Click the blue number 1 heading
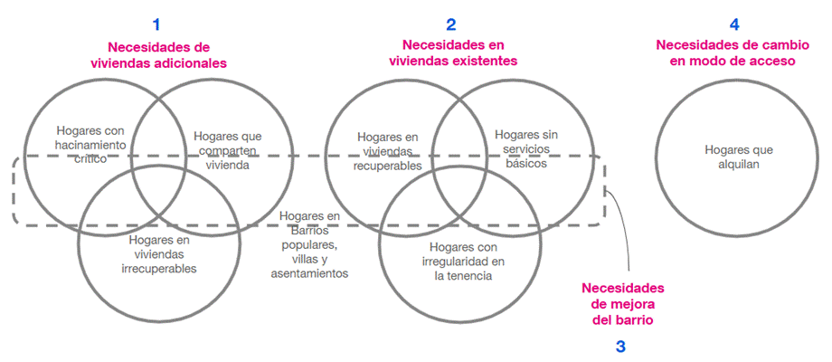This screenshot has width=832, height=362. click(x=157, y=24)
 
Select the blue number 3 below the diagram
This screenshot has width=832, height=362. click(x=620, y=346)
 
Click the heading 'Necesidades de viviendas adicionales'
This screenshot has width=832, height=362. click(x=157, y=54)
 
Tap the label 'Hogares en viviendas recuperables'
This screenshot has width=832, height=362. click(x=388, y=151)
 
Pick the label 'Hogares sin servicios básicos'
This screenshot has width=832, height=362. click(x=518, y=149)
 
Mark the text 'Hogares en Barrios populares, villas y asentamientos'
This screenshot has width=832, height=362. click(x=308, y=244)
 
